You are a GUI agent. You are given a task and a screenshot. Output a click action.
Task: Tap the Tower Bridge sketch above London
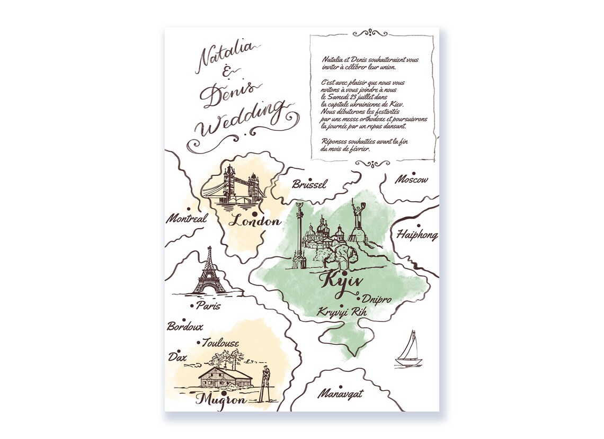pyautogui.click(x=233, y=186)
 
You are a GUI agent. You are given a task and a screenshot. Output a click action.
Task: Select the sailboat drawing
pyautogui.click(x=408, y=350)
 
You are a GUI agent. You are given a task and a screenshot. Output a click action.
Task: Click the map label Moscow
pyautogui.click(x=412, y=180)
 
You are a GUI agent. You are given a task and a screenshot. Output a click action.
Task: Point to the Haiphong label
pyautogui.click(x=417, y=235)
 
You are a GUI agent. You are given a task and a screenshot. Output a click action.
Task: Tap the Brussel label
pyautogui.click(x=309, y=184)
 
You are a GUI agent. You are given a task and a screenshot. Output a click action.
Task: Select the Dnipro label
pyautogui.click(x=377, y=300)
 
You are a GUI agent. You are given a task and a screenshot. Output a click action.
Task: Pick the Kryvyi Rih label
pyautogui.click(x=342, y=312)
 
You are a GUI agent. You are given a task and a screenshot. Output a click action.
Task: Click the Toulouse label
pyautogui.click(x=220, y=343)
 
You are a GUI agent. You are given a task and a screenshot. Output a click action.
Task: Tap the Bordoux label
pyautogui.click(x=185, y=327)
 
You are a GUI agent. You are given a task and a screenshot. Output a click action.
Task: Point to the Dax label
pyautogui.click(x=177, y=357)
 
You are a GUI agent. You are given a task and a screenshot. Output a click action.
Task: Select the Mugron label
pyautogui.click(x=221, y=400)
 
